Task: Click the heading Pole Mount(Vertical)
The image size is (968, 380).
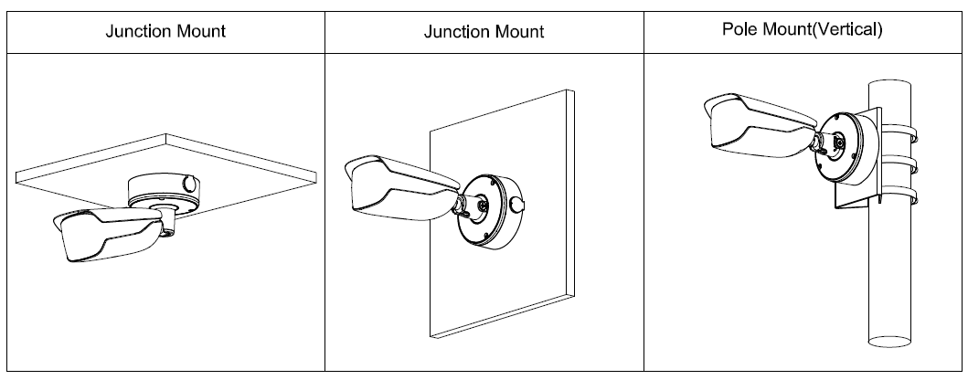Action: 803,29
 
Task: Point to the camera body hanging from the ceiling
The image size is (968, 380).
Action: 106,237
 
